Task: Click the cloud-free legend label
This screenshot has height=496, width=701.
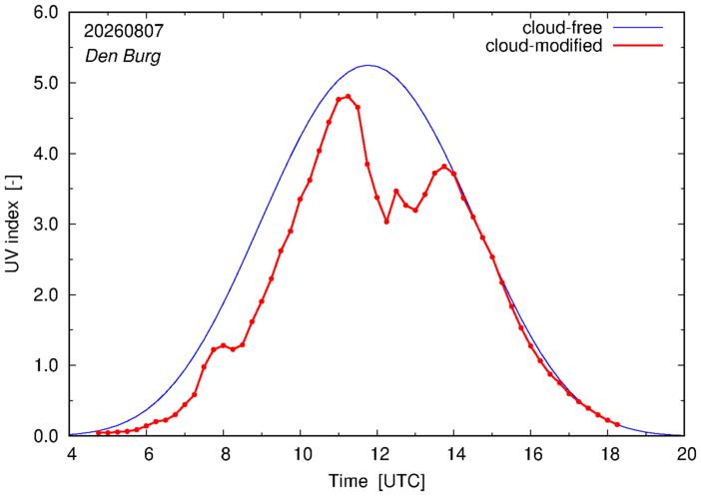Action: pos(562,28)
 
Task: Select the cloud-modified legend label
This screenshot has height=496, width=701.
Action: pos(543,46)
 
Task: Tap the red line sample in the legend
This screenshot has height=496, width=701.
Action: pos(638,46)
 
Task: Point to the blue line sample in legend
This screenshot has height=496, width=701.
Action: pos(638,28)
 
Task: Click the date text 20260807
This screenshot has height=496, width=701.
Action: pos(124,31)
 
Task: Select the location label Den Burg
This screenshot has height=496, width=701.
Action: pos(123,56)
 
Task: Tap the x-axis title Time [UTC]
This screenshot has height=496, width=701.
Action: pos(376,481)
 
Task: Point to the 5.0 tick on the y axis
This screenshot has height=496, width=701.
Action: pos(46,83)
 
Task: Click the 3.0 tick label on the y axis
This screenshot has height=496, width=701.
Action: pos(46,224)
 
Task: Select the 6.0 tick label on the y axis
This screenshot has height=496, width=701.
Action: pos(46,13)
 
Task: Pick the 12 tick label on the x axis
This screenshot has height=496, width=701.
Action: pos(377,454)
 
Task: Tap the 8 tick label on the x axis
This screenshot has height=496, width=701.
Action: pos(224,454)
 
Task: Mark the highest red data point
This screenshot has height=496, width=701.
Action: pos(349,97)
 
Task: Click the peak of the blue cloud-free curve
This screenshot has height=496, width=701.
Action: pos(367,65)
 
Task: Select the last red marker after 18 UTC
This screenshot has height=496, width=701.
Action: pos(617,424)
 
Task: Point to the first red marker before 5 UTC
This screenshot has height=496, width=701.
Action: pos(98,432)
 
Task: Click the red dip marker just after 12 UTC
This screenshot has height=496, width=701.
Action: pos(386,222)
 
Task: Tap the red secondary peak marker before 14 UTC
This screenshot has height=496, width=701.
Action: pos(444,167)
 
